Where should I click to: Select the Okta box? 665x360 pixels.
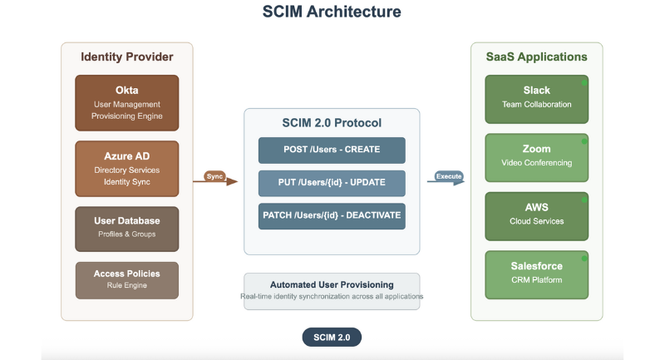127,102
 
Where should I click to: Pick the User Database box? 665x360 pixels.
127,228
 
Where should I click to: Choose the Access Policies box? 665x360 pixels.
127,279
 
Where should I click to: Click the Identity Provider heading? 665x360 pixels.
127,57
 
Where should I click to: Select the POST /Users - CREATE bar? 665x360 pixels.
332,150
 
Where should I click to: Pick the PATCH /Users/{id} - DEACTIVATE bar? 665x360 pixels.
332,215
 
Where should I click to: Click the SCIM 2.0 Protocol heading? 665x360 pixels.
332,123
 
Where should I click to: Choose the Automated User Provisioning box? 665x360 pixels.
332,290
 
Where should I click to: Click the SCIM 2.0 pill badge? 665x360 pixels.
332,337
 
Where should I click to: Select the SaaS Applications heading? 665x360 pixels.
537,57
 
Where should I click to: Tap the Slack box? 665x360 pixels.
537,97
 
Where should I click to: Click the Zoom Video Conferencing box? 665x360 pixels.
537,155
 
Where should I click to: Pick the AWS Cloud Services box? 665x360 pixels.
537,214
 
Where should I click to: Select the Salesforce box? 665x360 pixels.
537,272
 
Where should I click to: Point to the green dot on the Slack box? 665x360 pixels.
585,84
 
